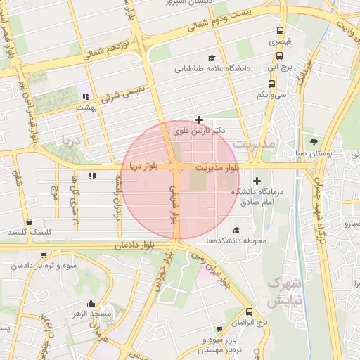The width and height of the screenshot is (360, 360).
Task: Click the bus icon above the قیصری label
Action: point(281,31)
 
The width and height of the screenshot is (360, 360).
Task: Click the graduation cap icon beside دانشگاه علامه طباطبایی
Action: point(212,58)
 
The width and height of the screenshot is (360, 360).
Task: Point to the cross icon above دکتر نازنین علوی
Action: point(200,120)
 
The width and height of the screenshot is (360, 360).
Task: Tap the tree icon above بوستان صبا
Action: point(324,141)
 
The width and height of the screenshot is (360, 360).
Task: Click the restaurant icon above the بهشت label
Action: point(86,96)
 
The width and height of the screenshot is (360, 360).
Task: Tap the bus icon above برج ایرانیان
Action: point(249,311)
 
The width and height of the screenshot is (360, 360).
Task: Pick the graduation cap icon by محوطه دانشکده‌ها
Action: point(236,230)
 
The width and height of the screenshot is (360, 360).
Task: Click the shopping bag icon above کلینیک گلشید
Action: point(28,221)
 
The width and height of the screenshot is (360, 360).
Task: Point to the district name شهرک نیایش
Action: point(284,292)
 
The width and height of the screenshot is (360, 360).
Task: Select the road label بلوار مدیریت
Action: point(217,167)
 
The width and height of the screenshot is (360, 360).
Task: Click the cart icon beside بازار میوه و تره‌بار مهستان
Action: point(219,328)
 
